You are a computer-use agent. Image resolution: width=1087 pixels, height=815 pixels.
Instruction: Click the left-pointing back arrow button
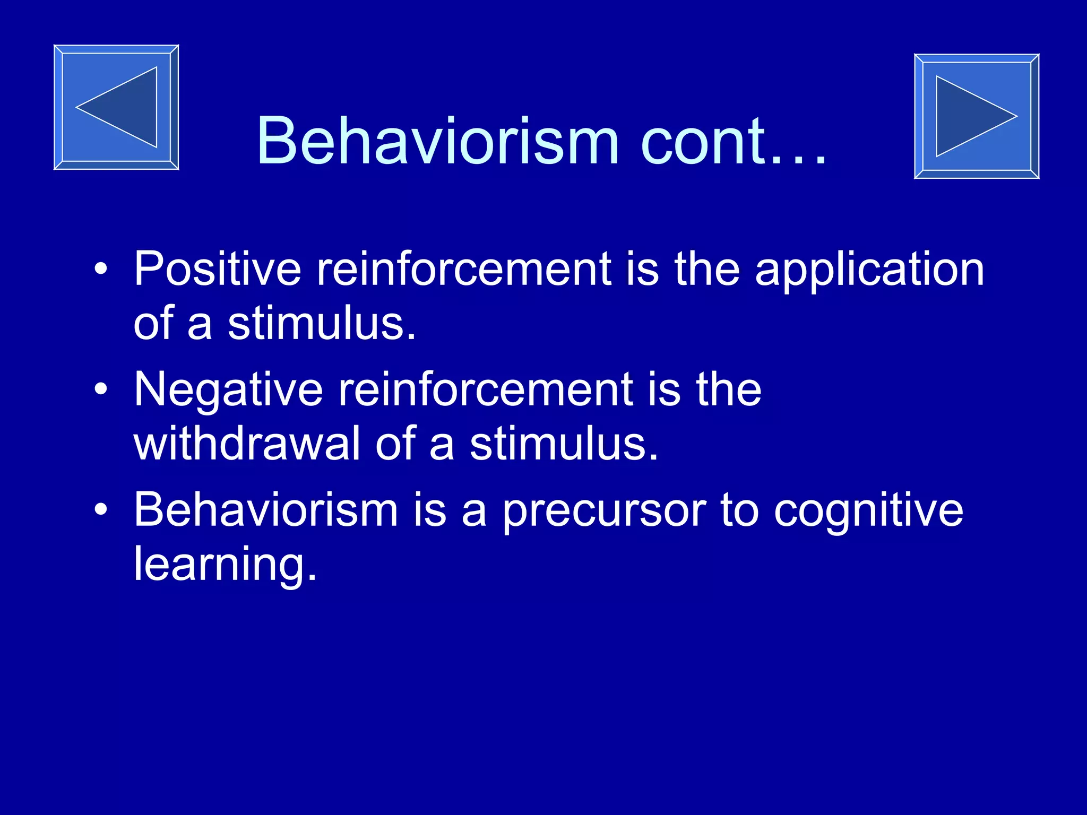click(x=116, y=107)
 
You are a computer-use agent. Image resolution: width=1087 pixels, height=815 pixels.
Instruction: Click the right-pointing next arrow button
click(x=976, y=116)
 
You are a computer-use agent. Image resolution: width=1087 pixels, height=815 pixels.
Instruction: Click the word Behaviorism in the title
click(x=437, y=141)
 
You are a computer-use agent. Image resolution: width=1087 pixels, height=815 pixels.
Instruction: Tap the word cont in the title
click(x=704, y=141)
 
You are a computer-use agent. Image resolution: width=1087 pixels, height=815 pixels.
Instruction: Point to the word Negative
click(x=228, y=391)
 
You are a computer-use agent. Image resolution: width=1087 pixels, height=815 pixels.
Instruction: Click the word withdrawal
click(x=247, y=443)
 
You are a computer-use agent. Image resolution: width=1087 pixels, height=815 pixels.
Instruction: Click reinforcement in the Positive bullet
click(x=464, y=269)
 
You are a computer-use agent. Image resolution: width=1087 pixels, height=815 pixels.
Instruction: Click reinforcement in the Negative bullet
click(x=486, y=389)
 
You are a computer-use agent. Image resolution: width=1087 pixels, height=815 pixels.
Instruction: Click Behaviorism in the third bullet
click(x=266, y=509)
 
